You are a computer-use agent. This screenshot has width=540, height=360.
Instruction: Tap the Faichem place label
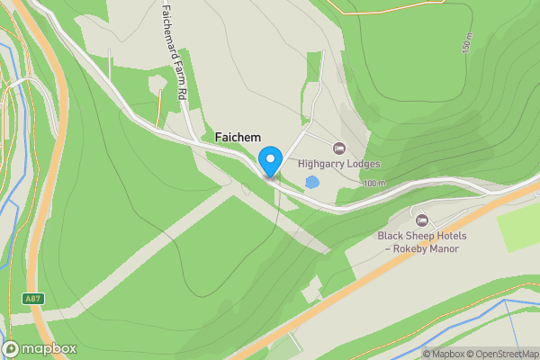click(x=238, y=137)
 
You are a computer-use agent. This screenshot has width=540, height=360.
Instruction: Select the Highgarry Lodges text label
click(x=339, y=165)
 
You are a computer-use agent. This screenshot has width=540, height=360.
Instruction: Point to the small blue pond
click(x=311, y=183)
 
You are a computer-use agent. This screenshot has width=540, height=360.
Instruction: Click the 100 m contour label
click(x=374, y=184)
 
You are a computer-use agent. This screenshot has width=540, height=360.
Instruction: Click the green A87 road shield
click(x=33, y=298)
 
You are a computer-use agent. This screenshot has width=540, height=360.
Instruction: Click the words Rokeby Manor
click(x=427, y=249)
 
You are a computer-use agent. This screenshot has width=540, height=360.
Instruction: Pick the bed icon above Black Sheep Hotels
click(x=420, y=220)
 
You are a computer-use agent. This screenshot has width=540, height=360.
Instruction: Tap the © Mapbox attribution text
click(x=443, y=354)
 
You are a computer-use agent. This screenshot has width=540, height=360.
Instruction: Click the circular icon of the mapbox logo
click(x=11, y=349)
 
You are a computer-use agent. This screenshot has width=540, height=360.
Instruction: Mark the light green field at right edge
click(x=520, y=227)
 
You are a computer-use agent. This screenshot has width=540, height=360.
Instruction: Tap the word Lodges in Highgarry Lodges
click(x=362, y=165)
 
